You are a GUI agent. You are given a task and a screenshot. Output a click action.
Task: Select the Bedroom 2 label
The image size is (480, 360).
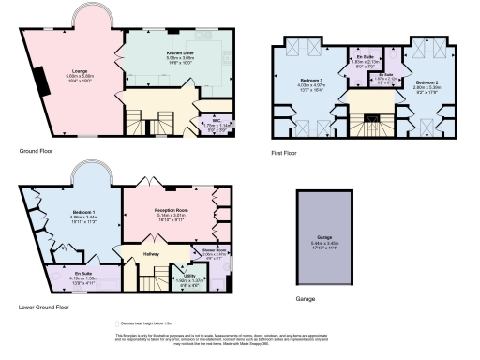point(426,84)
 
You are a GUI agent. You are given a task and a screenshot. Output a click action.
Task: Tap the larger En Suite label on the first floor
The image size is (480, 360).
point(362,58)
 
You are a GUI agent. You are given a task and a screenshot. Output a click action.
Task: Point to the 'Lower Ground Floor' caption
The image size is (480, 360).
point(43,307)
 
